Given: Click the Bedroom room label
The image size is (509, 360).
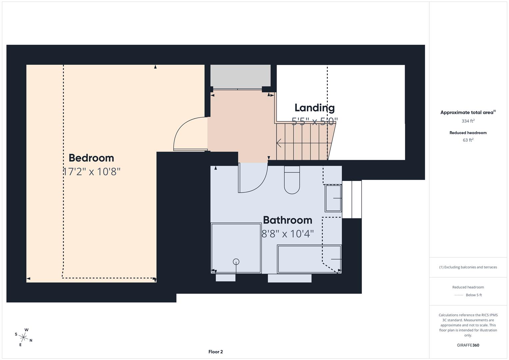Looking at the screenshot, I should tap(91, 158).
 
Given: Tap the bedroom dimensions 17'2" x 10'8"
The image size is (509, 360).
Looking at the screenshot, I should tap(91, 172).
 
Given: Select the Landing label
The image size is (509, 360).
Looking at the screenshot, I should tap(314, 108).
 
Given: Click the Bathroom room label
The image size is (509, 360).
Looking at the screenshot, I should tap(287, 220).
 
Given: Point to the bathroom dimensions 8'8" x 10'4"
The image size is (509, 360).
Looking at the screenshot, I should tap(287, 234).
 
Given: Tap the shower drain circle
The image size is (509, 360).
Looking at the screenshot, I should tap(236, 262).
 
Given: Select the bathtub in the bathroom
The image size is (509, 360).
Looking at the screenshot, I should tap(309, 259).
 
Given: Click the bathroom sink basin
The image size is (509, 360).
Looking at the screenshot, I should tap(333, 198).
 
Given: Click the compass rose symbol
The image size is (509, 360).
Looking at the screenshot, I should tap(24, 337).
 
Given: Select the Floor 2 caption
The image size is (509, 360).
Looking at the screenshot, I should tap(215, 352).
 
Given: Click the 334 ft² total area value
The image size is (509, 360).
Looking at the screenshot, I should tap(468, 121).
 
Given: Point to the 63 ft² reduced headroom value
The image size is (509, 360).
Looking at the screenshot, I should tap(468, 140).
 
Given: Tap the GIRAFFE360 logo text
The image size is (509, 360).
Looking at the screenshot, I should tap(468, 345).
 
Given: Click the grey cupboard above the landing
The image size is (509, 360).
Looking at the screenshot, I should tap(240, 76).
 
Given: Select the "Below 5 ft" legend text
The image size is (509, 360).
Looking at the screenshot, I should tap(474, 295).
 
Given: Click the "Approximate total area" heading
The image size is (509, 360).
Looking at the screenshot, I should tap(467, 113).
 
